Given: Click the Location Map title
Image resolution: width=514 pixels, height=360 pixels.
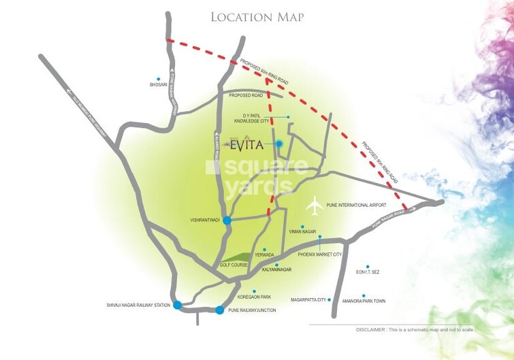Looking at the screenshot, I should tap(257, 16).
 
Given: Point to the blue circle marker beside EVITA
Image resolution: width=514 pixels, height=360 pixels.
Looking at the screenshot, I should tap(279, 144).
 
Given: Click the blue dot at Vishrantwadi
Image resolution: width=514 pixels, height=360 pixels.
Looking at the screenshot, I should tap(227, 220).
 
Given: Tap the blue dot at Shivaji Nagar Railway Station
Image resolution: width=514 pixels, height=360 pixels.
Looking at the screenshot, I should tap(178, 305).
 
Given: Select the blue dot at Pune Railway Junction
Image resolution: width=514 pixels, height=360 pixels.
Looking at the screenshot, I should tap(219, 310).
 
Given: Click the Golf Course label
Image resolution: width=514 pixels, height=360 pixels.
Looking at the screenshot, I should tap(232, 265).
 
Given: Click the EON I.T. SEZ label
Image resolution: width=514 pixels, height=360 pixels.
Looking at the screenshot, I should tap(367, 272).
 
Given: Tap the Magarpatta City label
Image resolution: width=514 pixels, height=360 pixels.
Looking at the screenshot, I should tap(309, 299).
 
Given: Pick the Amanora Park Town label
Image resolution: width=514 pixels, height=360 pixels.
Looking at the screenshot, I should tap(366, 300).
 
